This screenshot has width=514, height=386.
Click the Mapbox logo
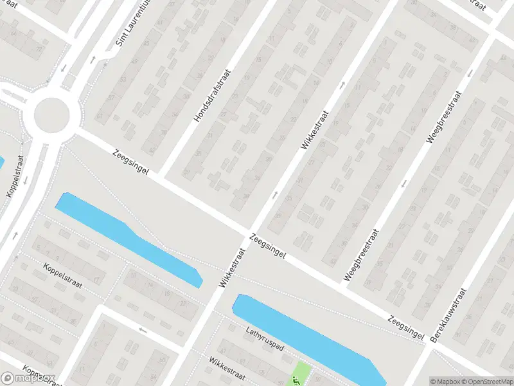(x=28, y=378)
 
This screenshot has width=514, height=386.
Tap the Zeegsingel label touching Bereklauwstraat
(x=405, y=326)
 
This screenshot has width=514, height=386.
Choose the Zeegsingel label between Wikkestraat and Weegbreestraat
(x=267, y=247)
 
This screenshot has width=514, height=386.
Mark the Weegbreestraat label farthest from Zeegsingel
(x=444, y=116)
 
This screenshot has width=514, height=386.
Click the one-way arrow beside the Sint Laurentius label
(x=93, y=59)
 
